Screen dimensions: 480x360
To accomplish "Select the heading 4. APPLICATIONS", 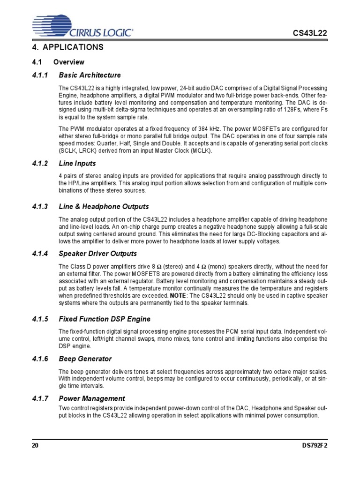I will pos(68,48).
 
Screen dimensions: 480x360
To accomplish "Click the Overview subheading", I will pos(68,62).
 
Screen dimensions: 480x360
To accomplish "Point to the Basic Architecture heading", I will pos(90,75).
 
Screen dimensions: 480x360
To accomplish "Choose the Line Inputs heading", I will pos(77,164).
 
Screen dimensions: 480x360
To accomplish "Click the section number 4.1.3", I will pos(40,206).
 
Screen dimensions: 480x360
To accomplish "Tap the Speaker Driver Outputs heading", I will pos(97,254).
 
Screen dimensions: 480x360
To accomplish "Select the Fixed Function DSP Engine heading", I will pos(105,319).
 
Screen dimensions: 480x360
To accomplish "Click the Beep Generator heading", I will pos(85,359).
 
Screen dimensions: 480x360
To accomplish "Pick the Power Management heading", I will pos(92,398).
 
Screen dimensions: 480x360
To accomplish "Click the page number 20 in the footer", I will pos(35,446).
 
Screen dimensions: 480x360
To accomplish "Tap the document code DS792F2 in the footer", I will pos(313,446).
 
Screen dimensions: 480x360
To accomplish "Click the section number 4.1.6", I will pos(40,359).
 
